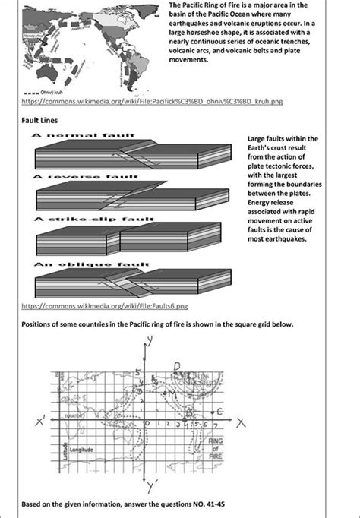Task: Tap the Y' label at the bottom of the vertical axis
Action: coord(154,483)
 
